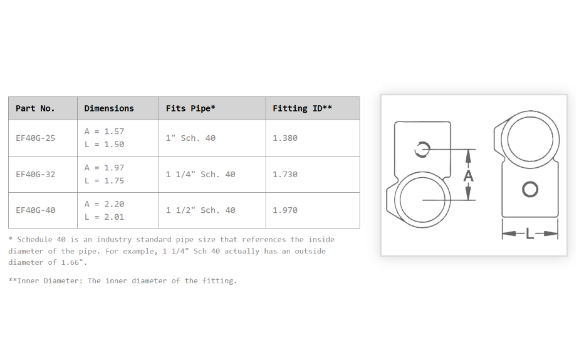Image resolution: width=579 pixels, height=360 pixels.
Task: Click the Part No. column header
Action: tap(35, 108)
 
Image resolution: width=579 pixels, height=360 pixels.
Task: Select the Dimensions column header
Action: tap(109, 108)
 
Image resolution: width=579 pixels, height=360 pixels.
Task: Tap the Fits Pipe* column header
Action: tap(190, 108)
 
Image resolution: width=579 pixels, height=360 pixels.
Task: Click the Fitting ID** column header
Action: tap(302, 108)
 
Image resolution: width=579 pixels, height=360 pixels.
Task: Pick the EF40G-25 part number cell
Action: tap(36, 138)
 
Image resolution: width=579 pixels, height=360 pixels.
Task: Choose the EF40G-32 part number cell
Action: tap(36, 174)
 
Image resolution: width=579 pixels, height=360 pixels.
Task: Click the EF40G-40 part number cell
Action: tap(36, 210)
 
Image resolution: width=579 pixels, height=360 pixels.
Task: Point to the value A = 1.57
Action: tap(104, 131)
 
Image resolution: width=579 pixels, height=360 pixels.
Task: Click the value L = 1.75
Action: tap(104, 181)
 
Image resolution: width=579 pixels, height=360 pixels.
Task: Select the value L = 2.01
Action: tap(104, 217)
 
